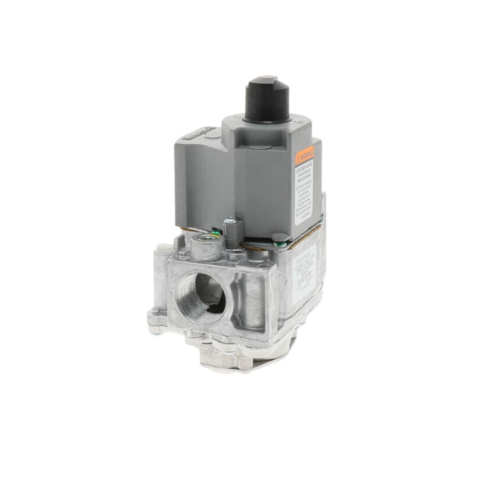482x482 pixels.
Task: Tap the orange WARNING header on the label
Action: click(305, 154)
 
